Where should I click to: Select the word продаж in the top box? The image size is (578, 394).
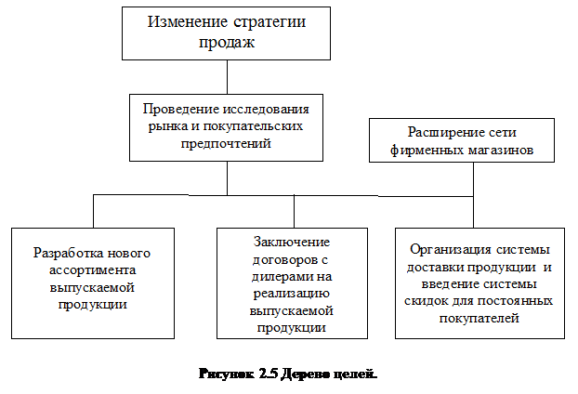[227, 42]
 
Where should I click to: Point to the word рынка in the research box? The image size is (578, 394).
[154, 125]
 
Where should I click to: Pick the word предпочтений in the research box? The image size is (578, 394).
[227, 143]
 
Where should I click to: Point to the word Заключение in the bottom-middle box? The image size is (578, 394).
[294, 242]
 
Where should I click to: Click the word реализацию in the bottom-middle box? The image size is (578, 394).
[294, 293]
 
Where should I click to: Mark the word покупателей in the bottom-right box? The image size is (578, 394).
[478, 319]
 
